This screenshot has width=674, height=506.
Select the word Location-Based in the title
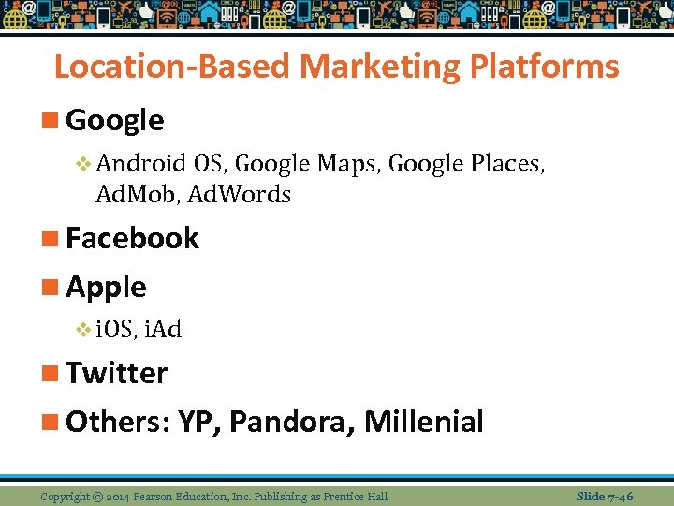coord(173,67)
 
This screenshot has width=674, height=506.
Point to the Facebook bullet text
coord(132,239)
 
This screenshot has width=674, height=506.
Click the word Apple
coord(106,287)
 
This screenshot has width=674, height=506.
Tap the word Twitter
coord(116,373)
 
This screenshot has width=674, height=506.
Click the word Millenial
coord(423,422)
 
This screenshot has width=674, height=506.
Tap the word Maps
coord(346,164)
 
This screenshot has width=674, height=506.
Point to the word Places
coord(509,164)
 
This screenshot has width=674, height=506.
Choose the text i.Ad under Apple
coord(164,329)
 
